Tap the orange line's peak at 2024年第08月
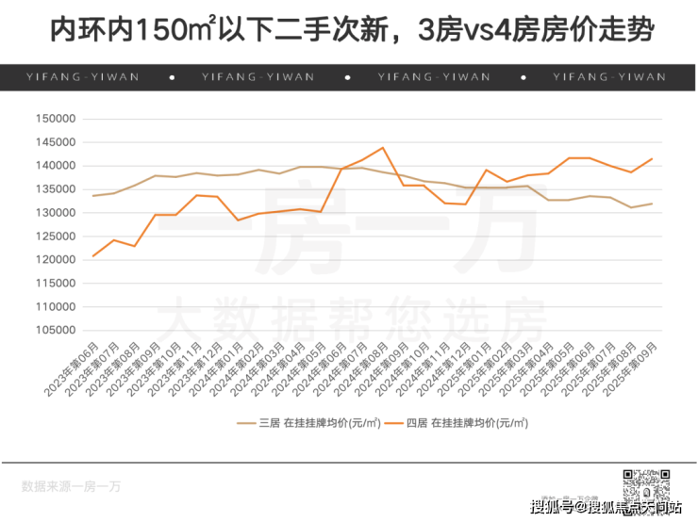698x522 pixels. (382, 147)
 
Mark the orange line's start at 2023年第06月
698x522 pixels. (93, 255)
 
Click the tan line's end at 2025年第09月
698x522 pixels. (652, 204)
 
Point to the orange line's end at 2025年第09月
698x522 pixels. (652, 158)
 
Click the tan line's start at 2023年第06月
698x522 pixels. (93, 195)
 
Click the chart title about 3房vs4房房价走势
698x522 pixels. (349, 31)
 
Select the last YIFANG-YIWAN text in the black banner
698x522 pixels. (609, 77)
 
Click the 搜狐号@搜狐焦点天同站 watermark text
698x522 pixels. (604, 508)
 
